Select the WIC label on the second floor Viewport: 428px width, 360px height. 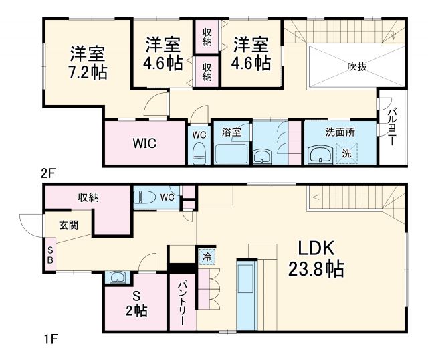[x=144, y=143]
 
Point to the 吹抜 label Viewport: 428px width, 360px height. [x=356, y=66]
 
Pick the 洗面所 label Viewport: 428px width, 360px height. [x=340, y=132]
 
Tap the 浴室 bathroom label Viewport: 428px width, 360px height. [x=231, y=132]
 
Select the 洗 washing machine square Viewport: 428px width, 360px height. [x=346, y=153]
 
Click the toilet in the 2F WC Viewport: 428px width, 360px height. [x=198, y=153]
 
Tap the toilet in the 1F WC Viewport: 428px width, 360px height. [x=144, y=197]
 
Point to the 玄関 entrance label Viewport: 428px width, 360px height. [x=68, y=225]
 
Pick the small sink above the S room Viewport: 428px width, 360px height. [x=118, y=278]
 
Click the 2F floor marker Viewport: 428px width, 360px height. [x=47, y=173]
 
